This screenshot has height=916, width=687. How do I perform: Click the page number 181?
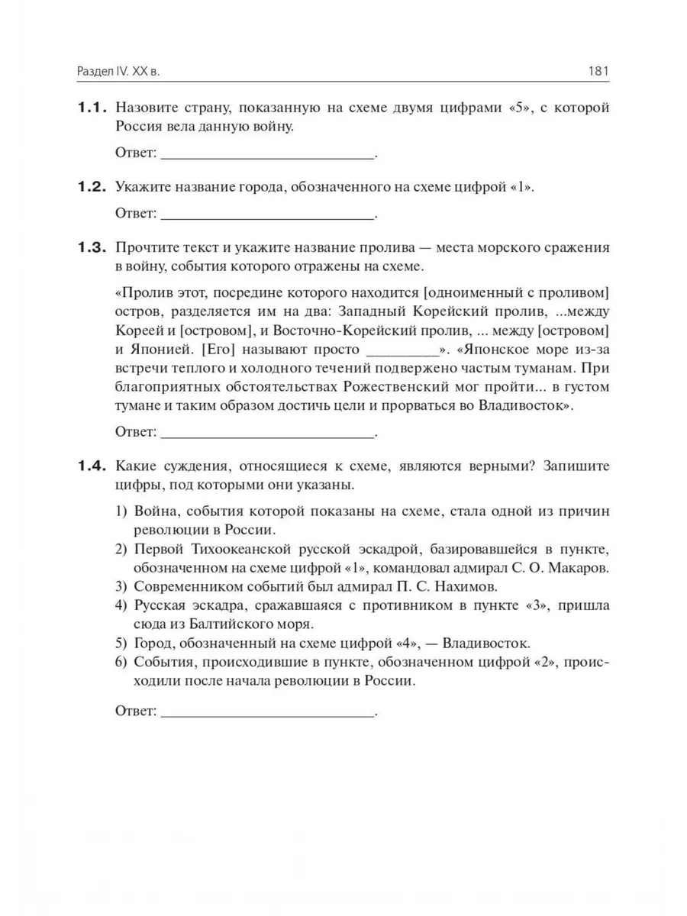(x=598, y=72)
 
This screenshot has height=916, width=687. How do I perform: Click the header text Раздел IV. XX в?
(x=121, y=72)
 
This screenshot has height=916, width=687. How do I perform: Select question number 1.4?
(x=92, y=466)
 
